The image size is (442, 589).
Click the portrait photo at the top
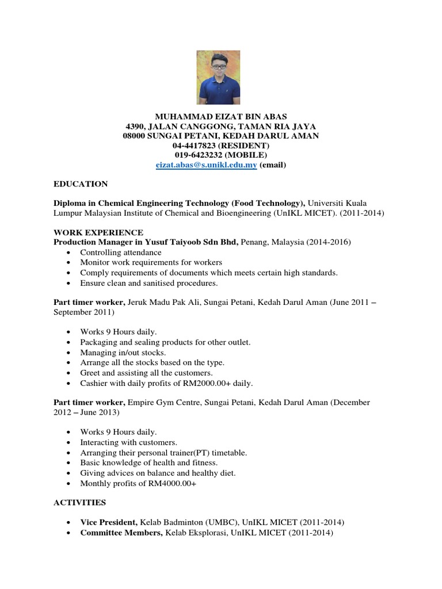[x=218, y=77]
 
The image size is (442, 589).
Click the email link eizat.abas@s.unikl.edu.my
[x=206, y=165]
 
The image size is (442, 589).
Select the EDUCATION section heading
[x=81, y=184]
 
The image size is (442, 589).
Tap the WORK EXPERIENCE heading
[x=98, y=232]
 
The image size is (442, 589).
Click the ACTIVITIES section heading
[x=79, y=502]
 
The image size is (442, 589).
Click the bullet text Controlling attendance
[x=121, y=253]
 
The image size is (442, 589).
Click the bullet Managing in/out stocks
[x=123, y=352]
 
